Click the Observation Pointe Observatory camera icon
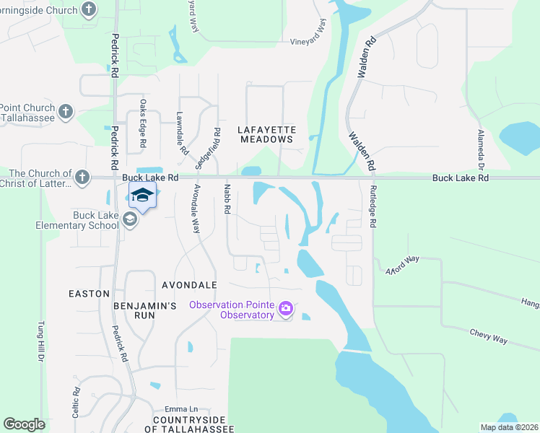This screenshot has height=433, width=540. (x=287, y=309)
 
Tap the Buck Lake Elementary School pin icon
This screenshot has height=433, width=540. (x=130, y=219)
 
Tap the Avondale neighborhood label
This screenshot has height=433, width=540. (x=190, y=285)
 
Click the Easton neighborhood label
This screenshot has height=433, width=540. (x=89, y=294)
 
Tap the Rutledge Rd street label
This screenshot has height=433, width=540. (x=373, y=206)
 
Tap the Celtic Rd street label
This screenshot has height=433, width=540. (x=75, y=398)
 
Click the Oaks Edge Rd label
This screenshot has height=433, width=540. (x=143, y=134)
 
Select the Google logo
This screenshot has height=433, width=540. (x=24, y=424)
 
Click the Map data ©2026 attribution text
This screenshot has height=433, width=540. (x=509, y=427)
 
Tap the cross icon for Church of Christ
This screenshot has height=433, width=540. (x=83, y=176)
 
